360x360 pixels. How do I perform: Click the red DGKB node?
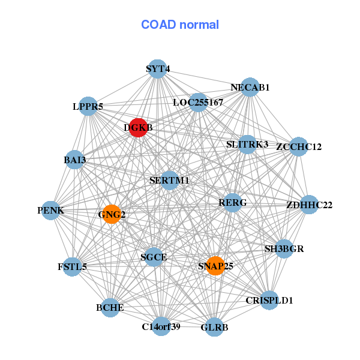(x=139, y=128)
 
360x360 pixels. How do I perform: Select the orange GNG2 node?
(x=112, y=214)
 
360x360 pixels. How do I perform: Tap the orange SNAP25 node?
(x=215, y=266)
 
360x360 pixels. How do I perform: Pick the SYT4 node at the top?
(x=157, y=69)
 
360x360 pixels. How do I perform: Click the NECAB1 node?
(x=250, y=88)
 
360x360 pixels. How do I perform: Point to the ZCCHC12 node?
(x=298, y=147)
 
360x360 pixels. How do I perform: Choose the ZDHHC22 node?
(x=309, y=205)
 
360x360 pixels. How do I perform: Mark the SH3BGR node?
(x=284, y=248)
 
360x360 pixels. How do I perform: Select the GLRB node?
(x=214, y=328)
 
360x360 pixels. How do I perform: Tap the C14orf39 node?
(x=161, y=326)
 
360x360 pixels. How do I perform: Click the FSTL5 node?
(x=72, y=266)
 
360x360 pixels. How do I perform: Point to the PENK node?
(x=51, y=211)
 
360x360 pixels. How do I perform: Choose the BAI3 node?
(x=74, y=160)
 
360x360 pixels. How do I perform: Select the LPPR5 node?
(x=88, y=107)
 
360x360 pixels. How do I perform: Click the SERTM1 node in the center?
(x=170, y=180)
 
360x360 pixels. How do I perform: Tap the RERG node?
(x=232, y=203)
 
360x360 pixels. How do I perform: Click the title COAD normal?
(x=180, y=25)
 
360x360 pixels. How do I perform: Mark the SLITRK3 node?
(x=247, y=145)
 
